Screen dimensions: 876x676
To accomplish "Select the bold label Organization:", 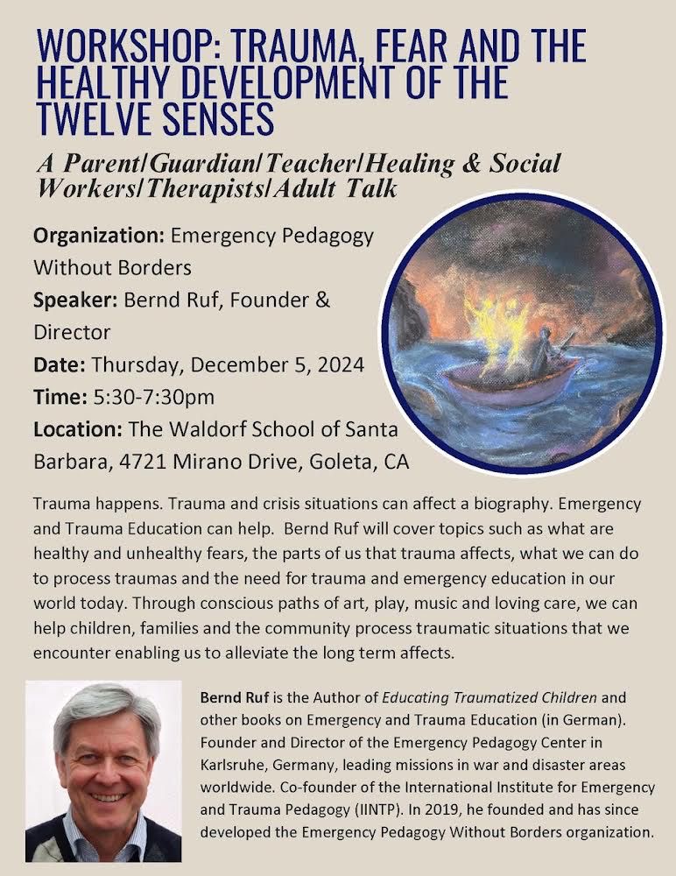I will pos(98,237).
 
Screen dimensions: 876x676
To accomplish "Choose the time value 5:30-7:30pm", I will pos(153,398).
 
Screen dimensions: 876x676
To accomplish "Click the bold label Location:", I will pos(77,430).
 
